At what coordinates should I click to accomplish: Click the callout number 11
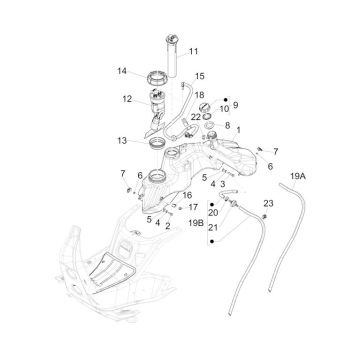coord(194,51)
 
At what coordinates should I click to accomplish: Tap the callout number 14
coord(121,71)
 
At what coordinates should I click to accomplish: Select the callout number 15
coord(200,76)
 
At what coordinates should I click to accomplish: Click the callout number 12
coord(127,98)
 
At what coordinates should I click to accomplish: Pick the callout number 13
coord(121,141)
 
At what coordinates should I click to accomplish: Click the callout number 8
coord(228,127)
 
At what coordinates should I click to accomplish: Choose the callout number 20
coord(213,212)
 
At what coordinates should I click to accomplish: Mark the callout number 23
coord(268,204)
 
